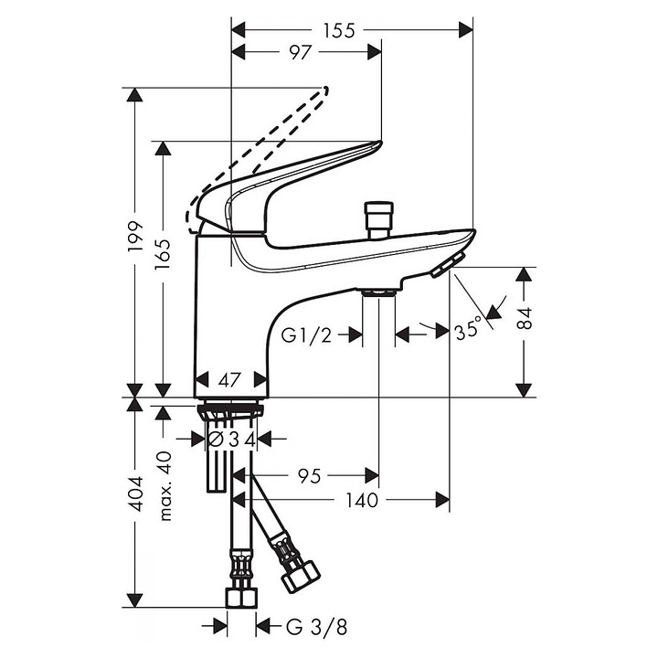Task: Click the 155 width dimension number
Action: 339,31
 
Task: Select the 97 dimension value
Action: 301,52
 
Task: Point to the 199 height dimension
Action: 135,237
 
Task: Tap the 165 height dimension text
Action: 163,254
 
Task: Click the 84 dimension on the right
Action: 525,319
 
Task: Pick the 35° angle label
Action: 468,329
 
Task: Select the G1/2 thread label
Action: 307,335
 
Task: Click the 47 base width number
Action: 229,380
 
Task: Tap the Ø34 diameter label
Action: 232,440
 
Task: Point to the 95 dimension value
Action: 309,476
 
